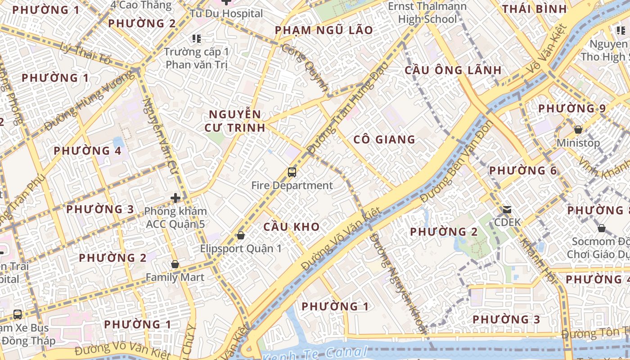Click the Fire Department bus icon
coord(292,172)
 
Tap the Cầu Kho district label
coord(291,227)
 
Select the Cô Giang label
coord(384,139)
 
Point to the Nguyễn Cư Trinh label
coord(234,121)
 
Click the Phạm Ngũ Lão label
coord(324,30)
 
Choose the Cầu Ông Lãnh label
coord(453,70)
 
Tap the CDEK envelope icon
coord(507,209)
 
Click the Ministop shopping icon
coord(578,130)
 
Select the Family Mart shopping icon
coord(175,264)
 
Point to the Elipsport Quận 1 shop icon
coord(241,235)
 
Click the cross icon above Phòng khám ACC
coord(175,198)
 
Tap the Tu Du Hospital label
coord(226,13)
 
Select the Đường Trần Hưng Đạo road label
coord(347,108)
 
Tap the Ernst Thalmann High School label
coord(427,13)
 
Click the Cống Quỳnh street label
coord(305,68)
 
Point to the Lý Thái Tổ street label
coord(85,53)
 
